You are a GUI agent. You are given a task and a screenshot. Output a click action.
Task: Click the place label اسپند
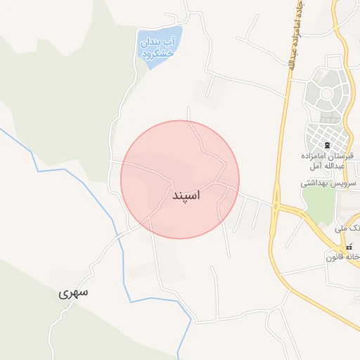coord(186,195)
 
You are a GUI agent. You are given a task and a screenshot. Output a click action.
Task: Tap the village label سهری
coord(74,293)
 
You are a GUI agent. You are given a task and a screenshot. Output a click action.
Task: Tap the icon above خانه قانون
coord(349,247)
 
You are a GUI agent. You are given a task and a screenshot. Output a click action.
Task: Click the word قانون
coord(334,257)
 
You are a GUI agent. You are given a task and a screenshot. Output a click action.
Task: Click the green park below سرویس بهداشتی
coord(320,204)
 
